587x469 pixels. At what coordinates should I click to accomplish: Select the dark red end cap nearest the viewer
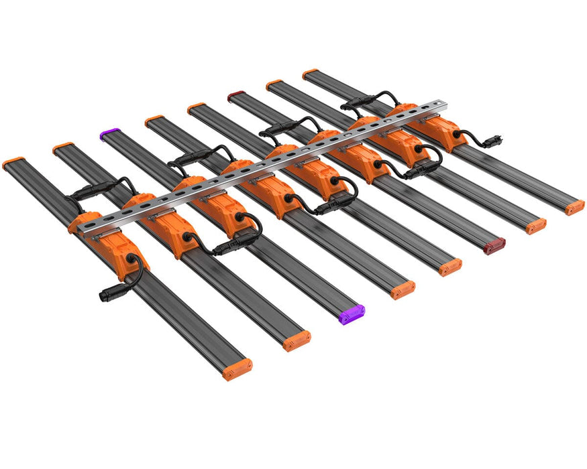(494, 246)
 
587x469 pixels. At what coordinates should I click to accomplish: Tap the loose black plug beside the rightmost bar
(496, 141)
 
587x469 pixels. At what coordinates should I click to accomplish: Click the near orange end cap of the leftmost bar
(237, 368)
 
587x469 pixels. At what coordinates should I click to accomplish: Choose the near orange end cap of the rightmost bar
(574, 207)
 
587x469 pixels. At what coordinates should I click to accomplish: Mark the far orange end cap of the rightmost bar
(310, 73)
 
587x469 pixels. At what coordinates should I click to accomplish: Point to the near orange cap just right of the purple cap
(403, 289)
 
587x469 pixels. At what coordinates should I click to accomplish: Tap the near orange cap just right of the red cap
(535, 226)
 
